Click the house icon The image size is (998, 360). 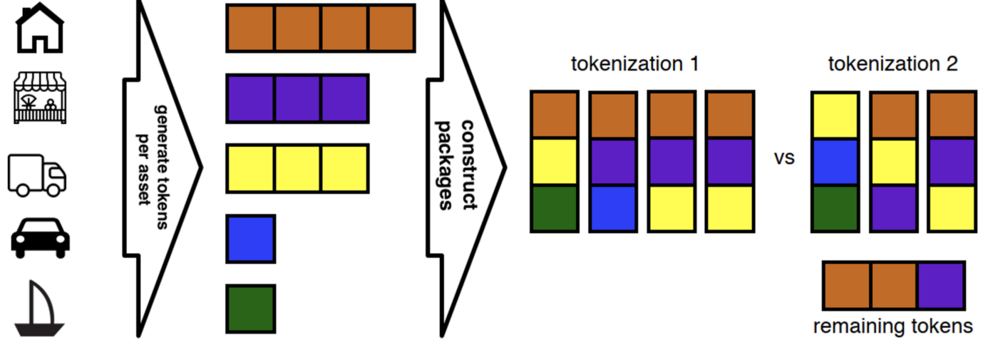pyautogui.click(x=40, y=29)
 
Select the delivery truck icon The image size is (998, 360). pyautogui.click(x=37, y=175)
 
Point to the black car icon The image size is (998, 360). pyautogui.click(x=41, y=237)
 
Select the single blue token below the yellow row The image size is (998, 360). pyautogui.click(x=251, y=239)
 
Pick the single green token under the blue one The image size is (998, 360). pyautogui.click(x=251, y=309)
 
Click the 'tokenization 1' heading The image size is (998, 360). pyautogui.click(x=634, y=63)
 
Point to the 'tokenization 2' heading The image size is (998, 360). pyautogui.click(x=892, y=63)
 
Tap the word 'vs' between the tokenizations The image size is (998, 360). pyautogui.click(x=784, y=158)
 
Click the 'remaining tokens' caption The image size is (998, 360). pyautogui.click(x=892, y=326)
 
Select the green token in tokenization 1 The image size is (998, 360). pyautogui.click(x=554, y=208)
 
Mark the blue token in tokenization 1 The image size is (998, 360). pyautogui.click(x=612, y=208)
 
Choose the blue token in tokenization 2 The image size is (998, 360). pyautogui.click(x=835, y=161)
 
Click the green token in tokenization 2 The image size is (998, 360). pyautogui.click(x=835, y=208)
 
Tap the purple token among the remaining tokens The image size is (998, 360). pyautogui.click(x=940, y=285)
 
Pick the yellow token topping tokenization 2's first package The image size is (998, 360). pyautogui.click(x=835, y=115)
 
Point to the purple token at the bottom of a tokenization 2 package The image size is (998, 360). pyautogui.click(x=893, y=208)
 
